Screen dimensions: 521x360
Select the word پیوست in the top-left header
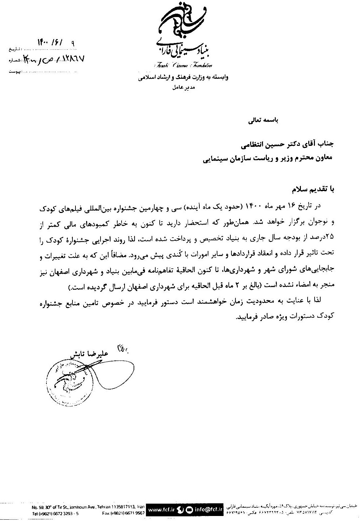tap(14, 72)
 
